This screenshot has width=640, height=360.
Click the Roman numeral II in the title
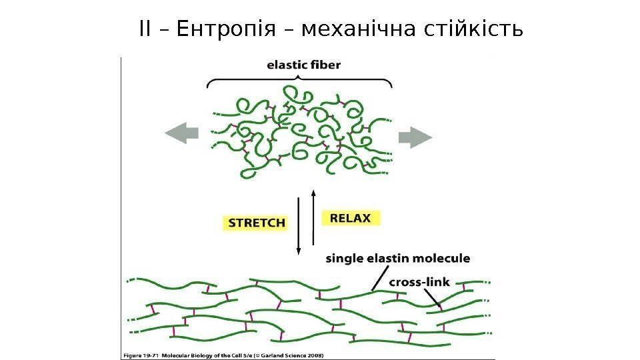146,30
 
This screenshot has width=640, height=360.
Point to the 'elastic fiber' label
303,65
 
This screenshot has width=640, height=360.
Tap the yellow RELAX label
351,218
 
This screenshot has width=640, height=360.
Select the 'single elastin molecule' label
397,258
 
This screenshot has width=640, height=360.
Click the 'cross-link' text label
419,282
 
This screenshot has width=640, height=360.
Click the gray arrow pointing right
415,138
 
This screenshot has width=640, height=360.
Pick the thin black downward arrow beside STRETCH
299,227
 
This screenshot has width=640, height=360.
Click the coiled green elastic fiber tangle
300,133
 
